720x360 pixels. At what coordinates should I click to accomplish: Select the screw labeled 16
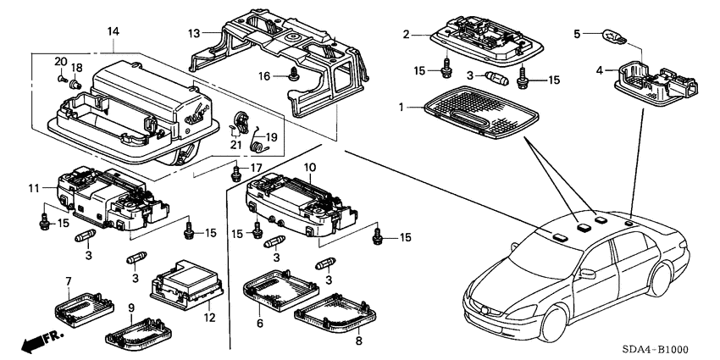click(x=293, y=75)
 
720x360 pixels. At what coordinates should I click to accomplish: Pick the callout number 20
click(x=60, y=61)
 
